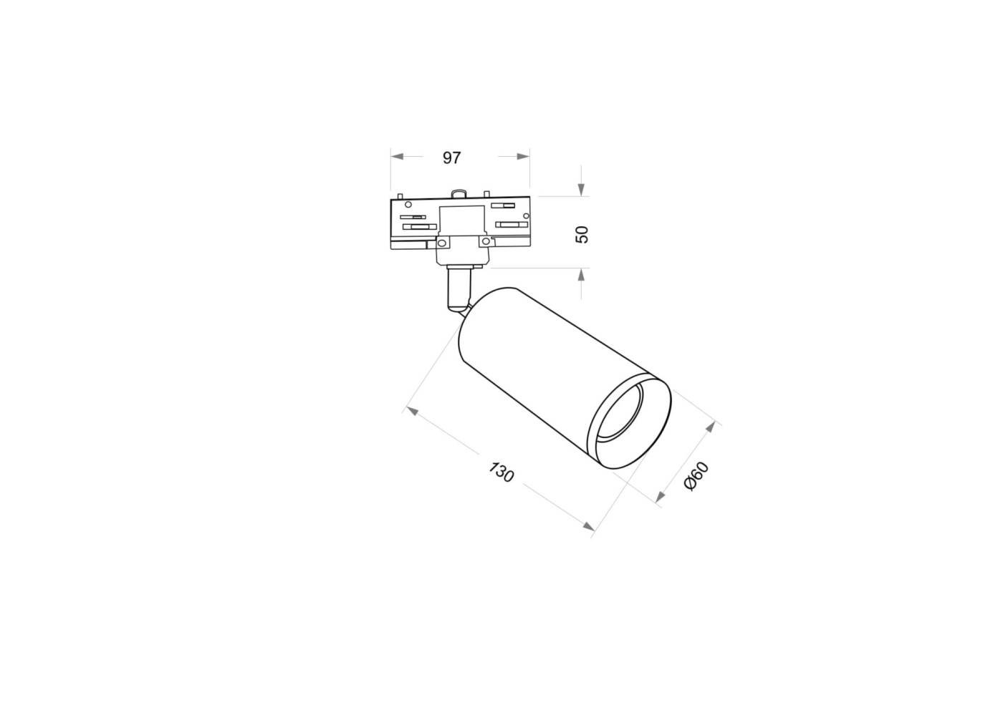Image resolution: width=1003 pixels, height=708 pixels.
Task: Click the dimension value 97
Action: pos(451,157)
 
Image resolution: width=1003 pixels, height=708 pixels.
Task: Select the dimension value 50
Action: pos(582,233)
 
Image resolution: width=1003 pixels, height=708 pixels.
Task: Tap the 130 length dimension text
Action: pos(501,472)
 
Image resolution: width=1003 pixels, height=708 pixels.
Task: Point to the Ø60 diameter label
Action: pos(696,476)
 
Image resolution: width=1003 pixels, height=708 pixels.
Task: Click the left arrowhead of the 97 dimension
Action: pos(396,156)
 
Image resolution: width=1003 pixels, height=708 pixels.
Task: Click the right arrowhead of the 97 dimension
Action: pos(524,156)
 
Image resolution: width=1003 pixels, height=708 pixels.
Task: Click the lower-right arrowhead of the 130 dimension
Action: pos(588,527)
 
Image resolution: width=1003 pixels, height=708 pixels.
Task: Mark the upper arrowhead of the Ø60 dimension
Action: pos(710,427)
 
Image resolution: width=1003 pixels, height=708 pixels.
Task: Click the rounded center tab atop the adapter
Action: pos(459,193)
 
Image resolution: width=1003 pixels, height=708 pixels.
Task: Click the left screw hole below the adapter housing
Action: pos(443,243)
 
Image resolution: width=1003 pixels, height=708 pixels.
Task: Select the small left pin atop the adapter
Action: pos(400,195)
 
